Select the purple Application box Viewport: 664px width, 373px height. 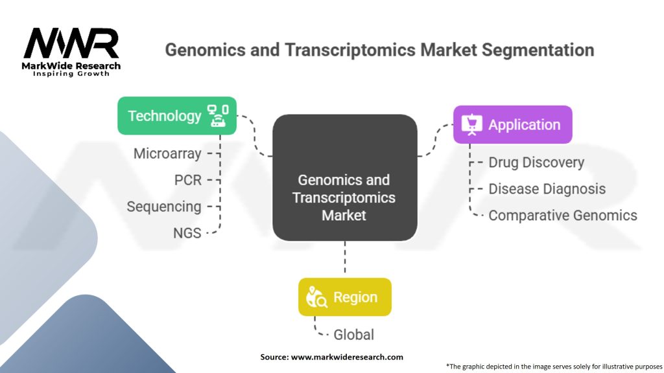[x=512, y=124]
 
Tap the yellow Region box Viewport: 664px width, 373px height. [x=344, y=297]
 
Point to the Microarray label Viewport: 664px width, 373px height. [x=167, y=154]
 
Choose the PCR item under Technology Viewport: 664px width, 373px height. [x=188, y=180]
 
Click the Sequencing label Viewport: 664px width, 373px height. [x=164, y=207]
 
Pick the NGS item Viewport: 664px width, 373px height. [x=187, y=233]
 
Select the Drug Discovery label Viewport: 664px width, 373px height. [x=536, y=163]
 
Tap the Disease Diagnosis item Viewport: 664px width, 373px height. [x=547, y=189]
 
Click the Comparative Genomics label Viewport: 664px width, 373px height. [x=562, y=216]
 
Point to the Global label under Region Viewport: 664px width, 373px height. [x=353, y=335]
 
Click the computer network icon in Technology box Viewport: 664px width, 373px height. [x=217, y=116]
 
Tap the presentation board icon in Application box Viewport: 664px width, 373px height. [x=471, y=124]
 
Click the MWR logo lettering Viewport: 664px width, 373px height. [x=71, y=44]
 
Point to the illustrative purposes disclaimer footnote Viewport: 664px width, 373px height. [x=554, y=366]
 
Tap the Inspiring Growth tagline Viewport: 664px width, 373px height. [x=71, y=74]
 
